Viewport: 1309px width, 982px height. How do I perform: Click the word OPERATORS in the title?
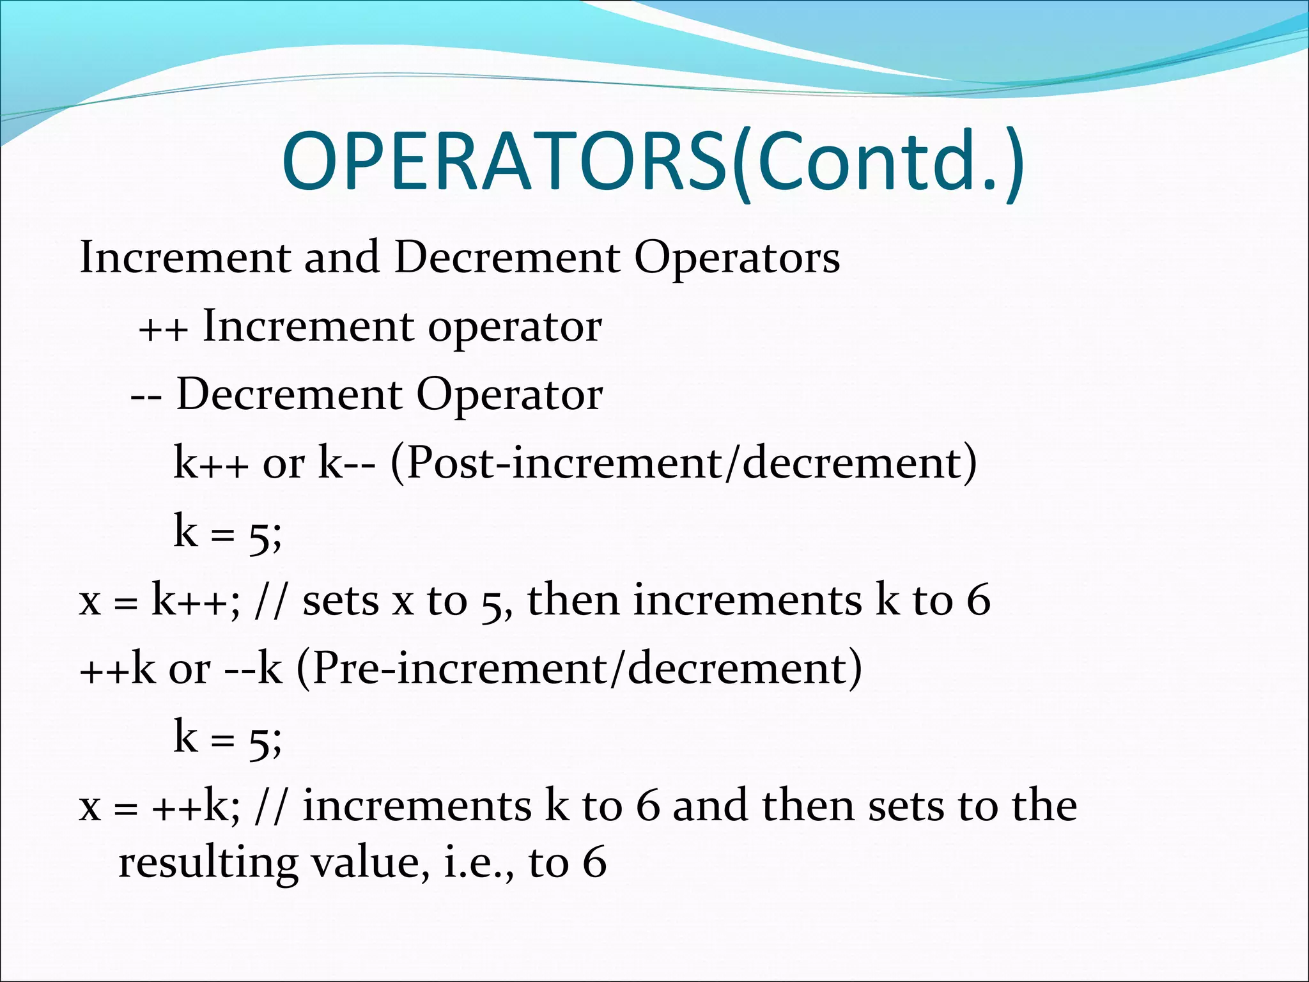505,161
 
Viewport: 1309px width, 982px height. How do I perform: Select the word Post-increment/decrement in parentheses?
684,464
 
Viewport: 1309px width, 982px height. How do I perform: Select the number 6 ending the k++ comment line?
979,601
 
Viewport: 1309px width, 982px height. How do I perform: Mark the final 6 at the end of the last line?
595,863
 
